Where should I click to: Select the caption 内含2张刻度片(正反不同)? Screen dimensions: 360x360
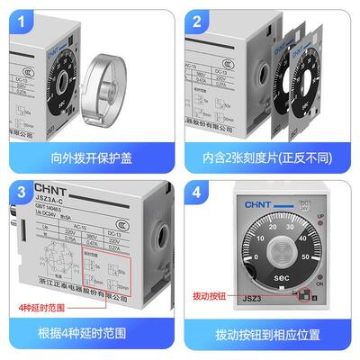270,160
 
